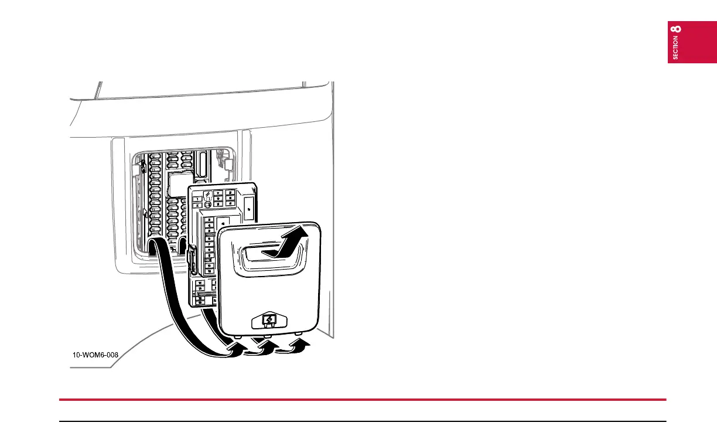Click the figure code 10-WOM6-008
click(x=95, y=355)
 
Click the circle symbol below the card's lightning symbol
click(x=207, y=205)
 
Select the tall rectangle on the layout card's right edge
click(x=248, y=206)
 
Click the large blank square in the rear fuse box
click(x=176, y=185)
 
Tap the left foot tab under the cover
click(x=240, y=337)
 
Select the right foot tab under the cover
click(x=299, y=333)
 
